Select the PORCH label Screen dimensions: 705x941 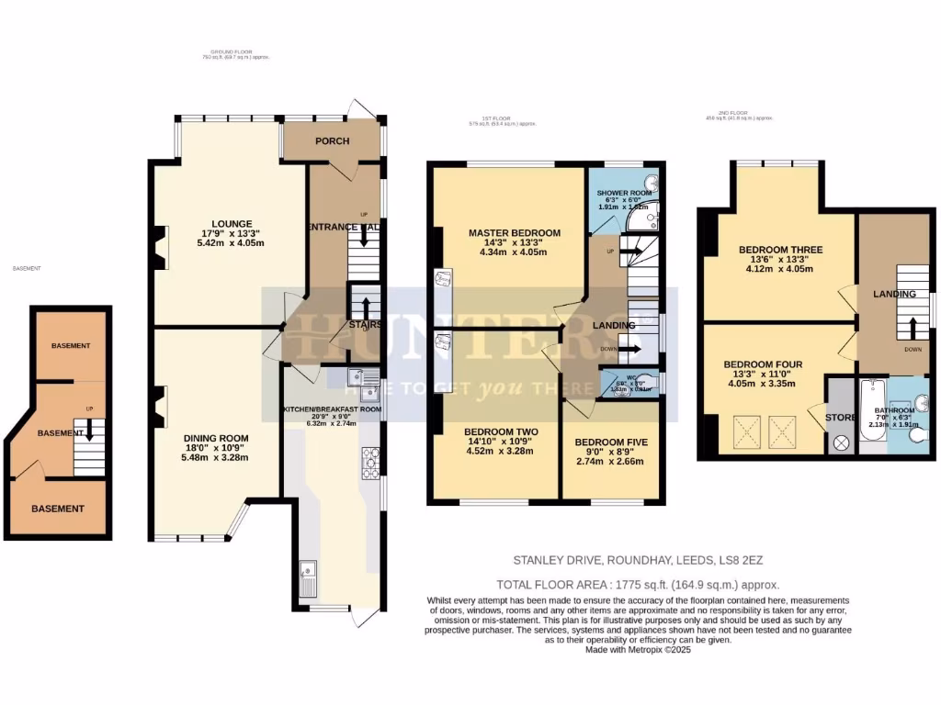click(332, 141)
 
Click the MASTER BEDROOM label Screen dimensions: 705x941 click(514, 233)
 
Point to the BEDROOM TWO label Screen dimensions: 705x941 click(501, 431)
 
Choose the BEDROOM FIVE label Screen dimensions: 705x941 click(611, 442)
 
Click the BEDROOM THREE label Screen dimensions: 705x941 click(780, 250)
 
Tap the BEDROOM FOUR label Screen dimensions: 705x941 click(763, 364)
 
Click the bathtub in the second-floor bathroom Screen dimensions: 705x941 click(870, 418)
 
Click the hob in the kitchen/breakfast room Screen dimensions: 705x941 click(370, 463)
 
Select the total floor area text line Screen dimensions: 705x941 click(638, 585)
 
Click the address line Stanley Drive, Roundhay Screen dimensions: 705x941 click(638, 558)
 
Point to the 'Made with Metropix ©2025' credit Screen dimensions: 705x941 click(637, 650)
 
